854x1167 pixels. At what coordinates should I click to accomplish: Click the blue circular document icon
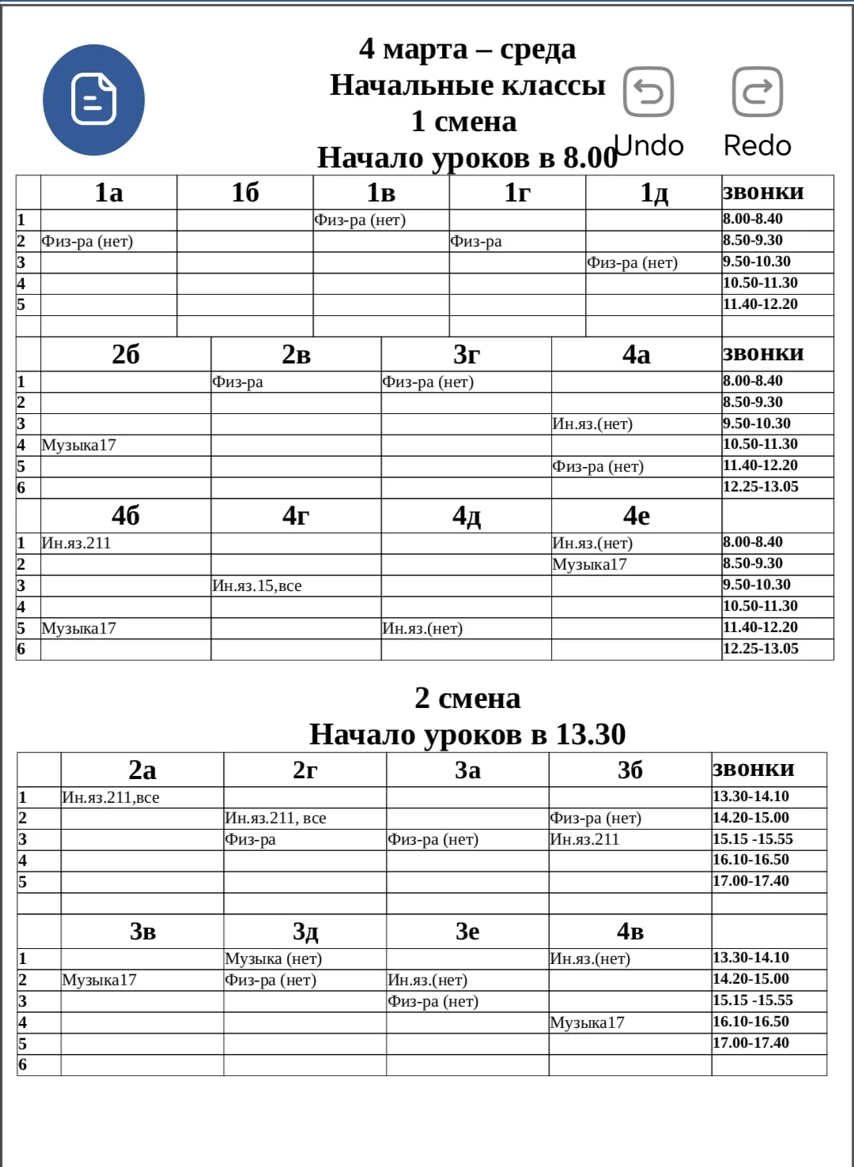93,100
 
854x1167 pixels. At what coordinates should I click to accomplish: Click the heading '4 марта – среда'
467,49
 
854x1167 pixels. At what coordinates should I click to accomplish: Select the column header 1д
654,193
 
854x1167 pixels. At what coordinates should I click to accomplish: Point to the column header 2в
296,355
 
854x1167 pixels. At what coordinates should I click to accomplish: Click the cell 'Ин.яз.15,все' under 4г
257,586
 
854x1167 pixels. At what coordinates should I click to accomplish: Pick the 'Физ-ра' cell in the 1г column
476,242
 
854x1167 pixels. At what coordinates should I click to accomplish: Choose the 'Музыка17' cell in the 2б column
79,446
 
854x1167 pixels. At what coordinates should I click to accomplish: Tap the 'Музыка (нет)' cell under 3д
274,959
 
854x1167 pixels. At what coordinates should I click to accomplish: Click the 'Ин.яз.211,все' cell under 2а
111,798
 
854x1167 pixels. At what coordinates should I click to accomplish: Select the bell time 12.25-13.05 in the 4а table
761,488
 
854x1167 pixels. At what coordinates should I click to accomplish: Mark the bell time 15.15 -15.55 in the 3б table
753,839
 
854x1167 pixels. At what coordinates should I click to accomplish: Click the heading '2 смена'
467,698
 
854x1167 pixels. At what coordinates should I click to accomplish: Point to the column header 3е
467,932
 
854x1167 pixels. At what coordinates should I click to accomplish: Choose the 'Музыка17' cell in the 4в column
588,1023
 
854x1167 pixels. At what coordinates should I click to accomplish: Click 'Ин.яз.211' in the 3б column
585,840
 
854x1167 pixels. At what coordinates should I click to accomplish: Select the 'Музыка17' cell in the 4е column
590,565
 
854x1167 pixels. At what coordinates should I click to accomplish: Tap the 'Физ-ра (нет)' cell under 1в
360,220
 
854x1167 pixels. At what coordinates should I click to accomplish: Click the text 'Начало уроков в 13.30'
467,735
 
